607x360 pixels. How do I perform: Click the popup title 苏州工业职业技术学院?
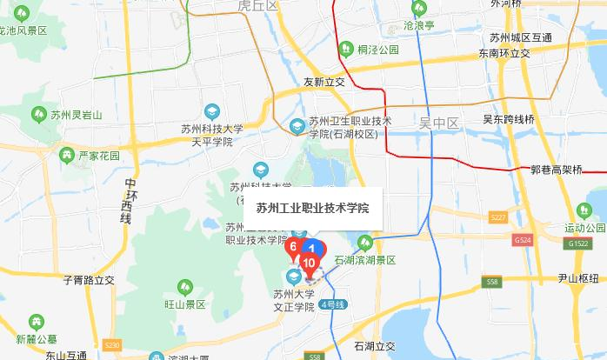coord(312,209)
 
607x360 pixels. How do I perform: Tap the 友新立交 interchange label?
coord(324,83)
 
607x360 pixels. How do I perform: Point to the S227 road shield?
coord(498,217)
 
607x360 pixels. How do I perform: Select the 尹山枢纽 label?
coord(578,279)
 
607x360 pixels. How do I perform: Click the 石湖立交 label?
coord(375,345)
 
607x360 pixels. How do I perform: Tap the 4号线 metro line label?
coord(333,303)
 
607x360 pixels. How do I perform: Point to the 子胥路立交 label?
coord(89,280)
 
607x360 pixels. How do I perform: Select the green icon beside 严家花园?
coord(66,156)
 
